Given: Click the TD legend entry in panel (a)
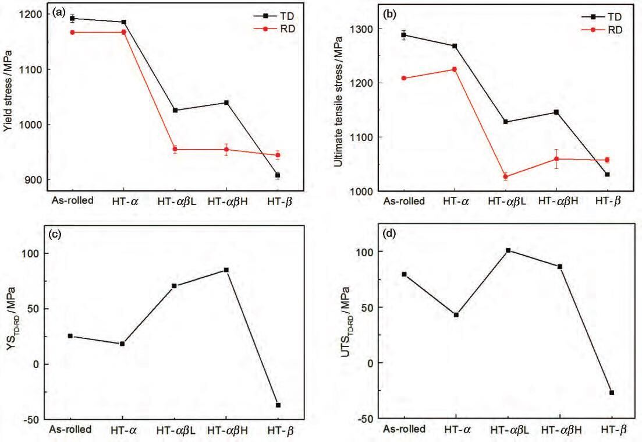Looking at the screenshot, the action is point(274,16).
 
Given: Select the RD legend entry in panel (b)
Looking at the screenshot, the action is point(601,30).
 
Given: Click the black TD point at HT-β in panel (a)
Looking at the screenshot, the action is point(278,175).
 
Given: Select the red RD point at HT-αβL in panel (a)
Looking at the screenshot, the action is point(175,149).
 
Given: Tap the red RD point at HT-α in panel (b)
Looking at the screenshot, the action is point(454,69).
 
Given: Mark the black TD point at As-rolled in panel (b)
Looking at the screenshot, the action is point(404,35).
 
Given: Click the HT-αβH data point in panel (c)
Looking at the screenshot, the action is point(226,270).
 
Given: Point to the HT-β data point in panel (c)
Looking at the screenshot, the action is point(278,405).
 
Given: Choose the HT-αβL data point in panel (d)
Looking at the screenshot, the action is point(508,250).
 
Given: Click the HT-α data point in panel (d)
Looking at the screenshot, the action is point(456,314).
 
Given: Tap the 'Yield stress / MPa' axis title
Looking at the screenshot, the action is point(8,91).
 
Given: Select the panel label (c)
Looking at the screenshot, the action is point(55,235).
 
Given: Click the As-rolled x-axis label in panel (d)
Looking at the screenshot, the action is point(404,429).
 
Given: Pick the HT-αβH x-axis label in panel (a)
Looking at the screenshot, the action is point(228,201).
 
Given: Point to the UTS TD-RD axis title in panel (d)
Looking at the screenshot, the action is point(346,321).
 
